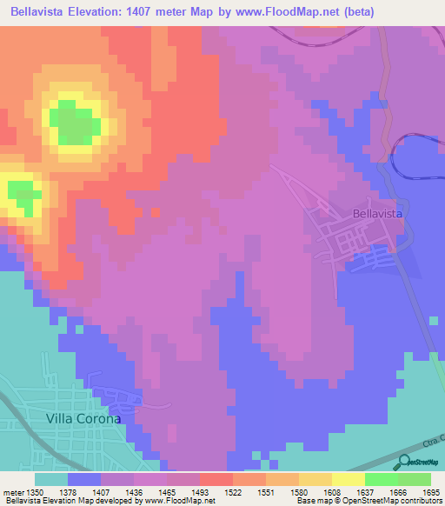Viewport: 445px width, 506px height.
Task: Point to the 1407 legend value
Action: click(x=102, y=492)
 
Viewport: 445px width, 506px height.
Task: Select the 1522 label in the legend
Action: click(x=232, y=492)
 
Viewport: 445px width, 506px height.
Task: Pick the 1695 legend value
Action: click(x=430, y=492)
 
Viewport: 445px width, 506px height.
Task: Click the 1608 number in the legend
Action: click(x=331, y=492)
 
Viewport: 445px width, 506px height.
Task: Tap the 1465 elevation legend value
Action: click(x=167, y=492)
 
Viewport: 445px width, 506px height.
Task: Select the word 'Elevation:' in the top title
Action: click(x=98, y=11)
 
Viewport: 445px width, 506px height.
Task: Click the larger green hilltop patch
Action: click(x=74, y=122)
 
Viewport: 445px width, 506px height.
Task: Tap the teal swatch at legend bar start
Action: click(x=51, y=479)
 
